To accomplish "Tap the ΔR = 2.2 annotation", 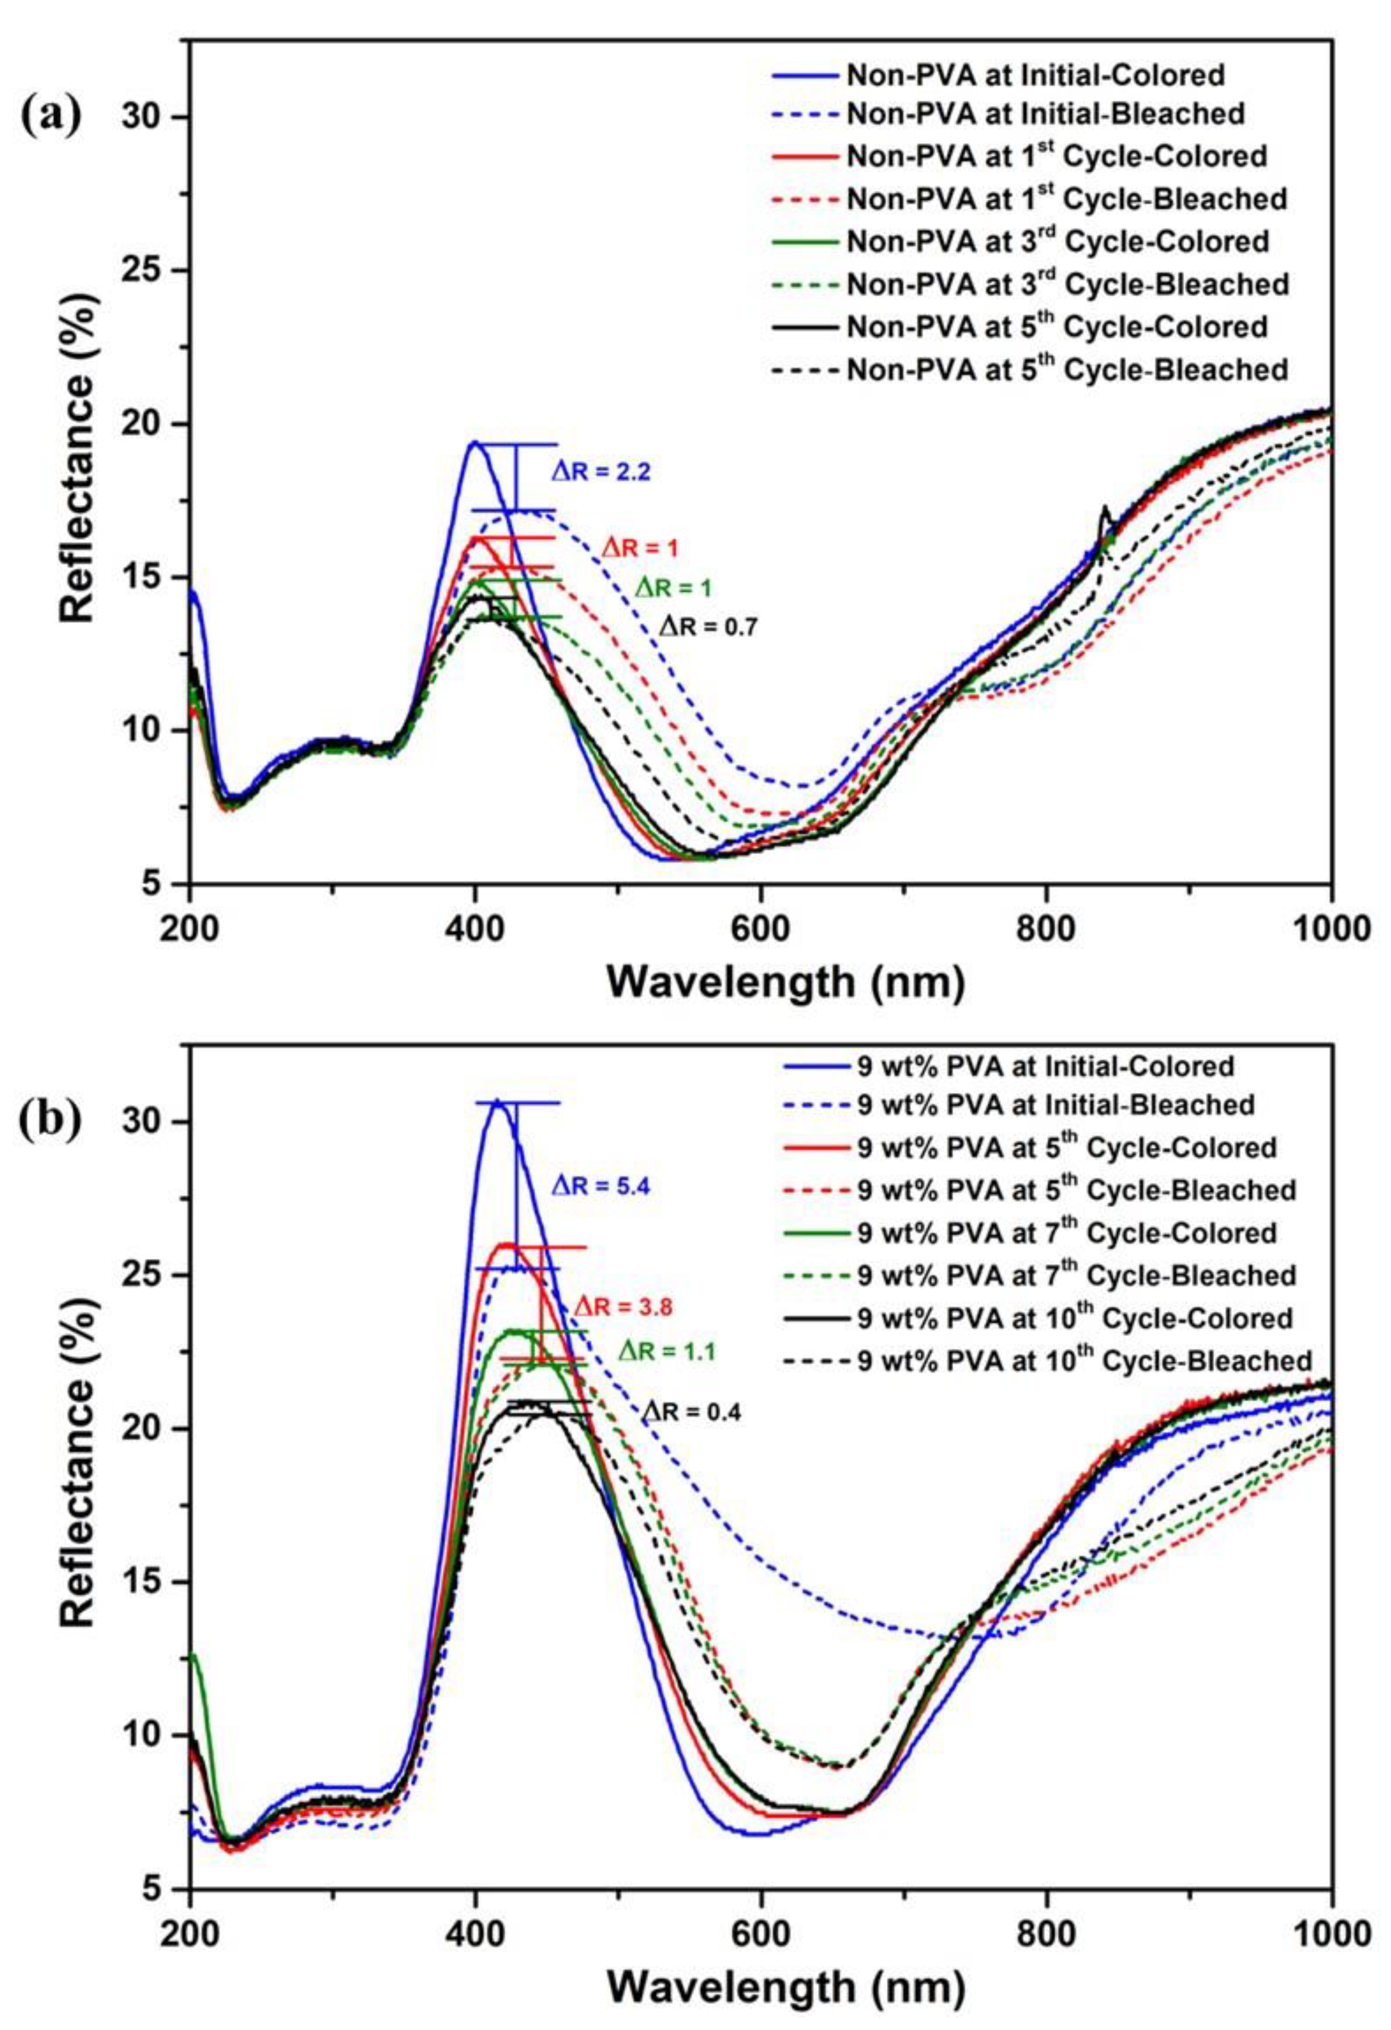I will [601, 473].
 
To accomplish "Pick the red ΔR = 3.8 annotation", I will [623, 1308].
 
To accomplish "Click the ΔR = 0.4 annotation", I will [692, 1413].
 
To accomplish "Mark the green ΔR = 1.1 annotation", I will [667, 1352].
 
